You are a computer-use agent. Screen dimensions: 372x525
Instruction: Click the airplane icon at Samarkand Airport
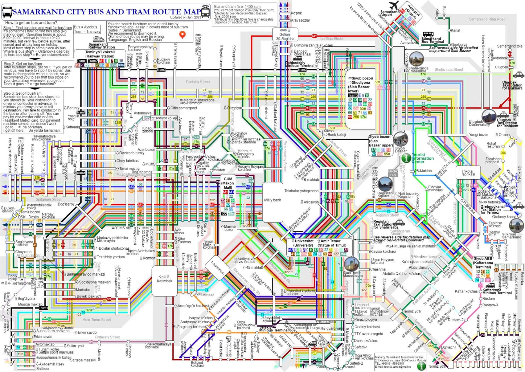click(394, 5)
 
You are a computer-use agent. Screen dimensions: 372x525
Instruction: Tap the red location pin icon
click(182, 35)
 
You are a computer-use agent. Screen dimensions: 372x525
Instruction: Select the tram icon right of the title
click(205, 11)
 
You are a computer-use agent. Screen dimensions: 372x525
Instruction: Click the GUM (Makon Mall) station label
click(228, 183)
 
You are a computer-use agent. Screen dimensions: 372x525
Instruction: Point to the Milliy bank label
click(272, 200)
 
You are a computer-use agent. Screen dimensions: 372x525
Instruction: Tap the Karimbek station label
click(164, 281)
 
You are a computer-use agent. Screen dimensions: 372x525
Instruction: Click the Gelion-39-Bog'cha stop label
click(285, 36)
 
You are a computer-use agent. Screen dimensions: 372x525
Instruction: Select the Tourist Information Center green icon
click(406, 158)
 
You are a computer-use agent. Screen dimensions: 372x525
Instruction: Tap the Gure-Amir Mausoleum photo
click(351, 264)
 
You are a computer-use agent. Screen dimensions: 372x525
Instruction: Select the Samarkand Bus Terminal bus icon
click(428, 34)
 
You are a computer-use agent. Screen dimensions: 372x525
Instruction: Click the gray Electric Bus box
click(393, 173)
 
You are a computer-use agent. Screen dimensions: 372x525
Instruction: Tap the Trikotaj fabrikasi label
click(468, 173)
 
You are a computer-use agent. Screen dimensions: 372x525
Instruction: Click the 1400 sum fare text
click(252, 7)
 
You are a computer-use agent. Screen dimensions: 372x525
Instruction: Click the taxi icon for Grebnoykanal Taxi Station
click(518, 206)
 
